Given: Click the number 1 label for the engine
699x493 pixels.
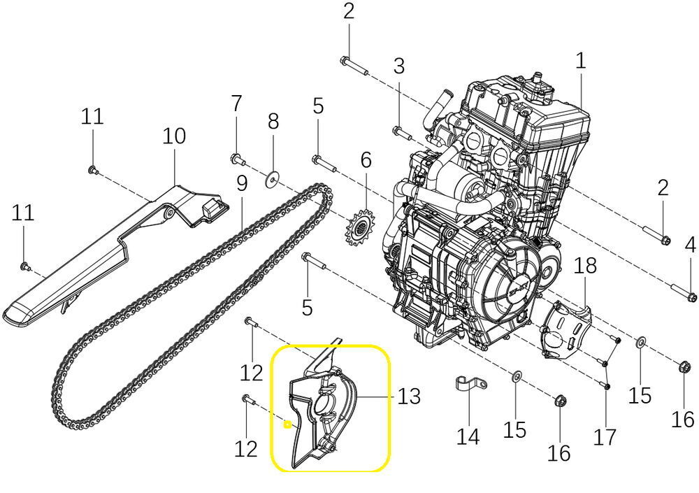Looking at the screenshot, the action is [x=580, y=61].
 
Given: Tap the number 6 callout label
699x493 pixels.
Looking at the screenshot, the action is [x=366, y=160].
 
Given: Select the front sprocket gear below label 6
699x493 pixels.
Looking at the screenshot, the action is [x=360, y=229].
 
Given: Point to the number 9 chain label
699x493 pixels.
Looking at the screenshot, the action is [x=241, y=184].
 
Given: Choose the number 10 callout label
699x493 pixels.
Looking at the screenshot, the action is [x=174, y=136].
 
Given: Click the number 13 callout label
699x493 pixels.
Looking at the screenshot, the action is [x=409, y=396].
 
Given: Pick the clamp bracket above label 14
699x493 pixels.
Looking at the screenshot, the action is [x=471, y=384].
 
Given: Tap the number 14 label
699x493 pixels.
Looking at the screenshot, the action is [x=468, y=437].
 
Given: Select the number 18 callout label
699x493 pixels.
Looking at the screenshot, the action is [x=585, y=266].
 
